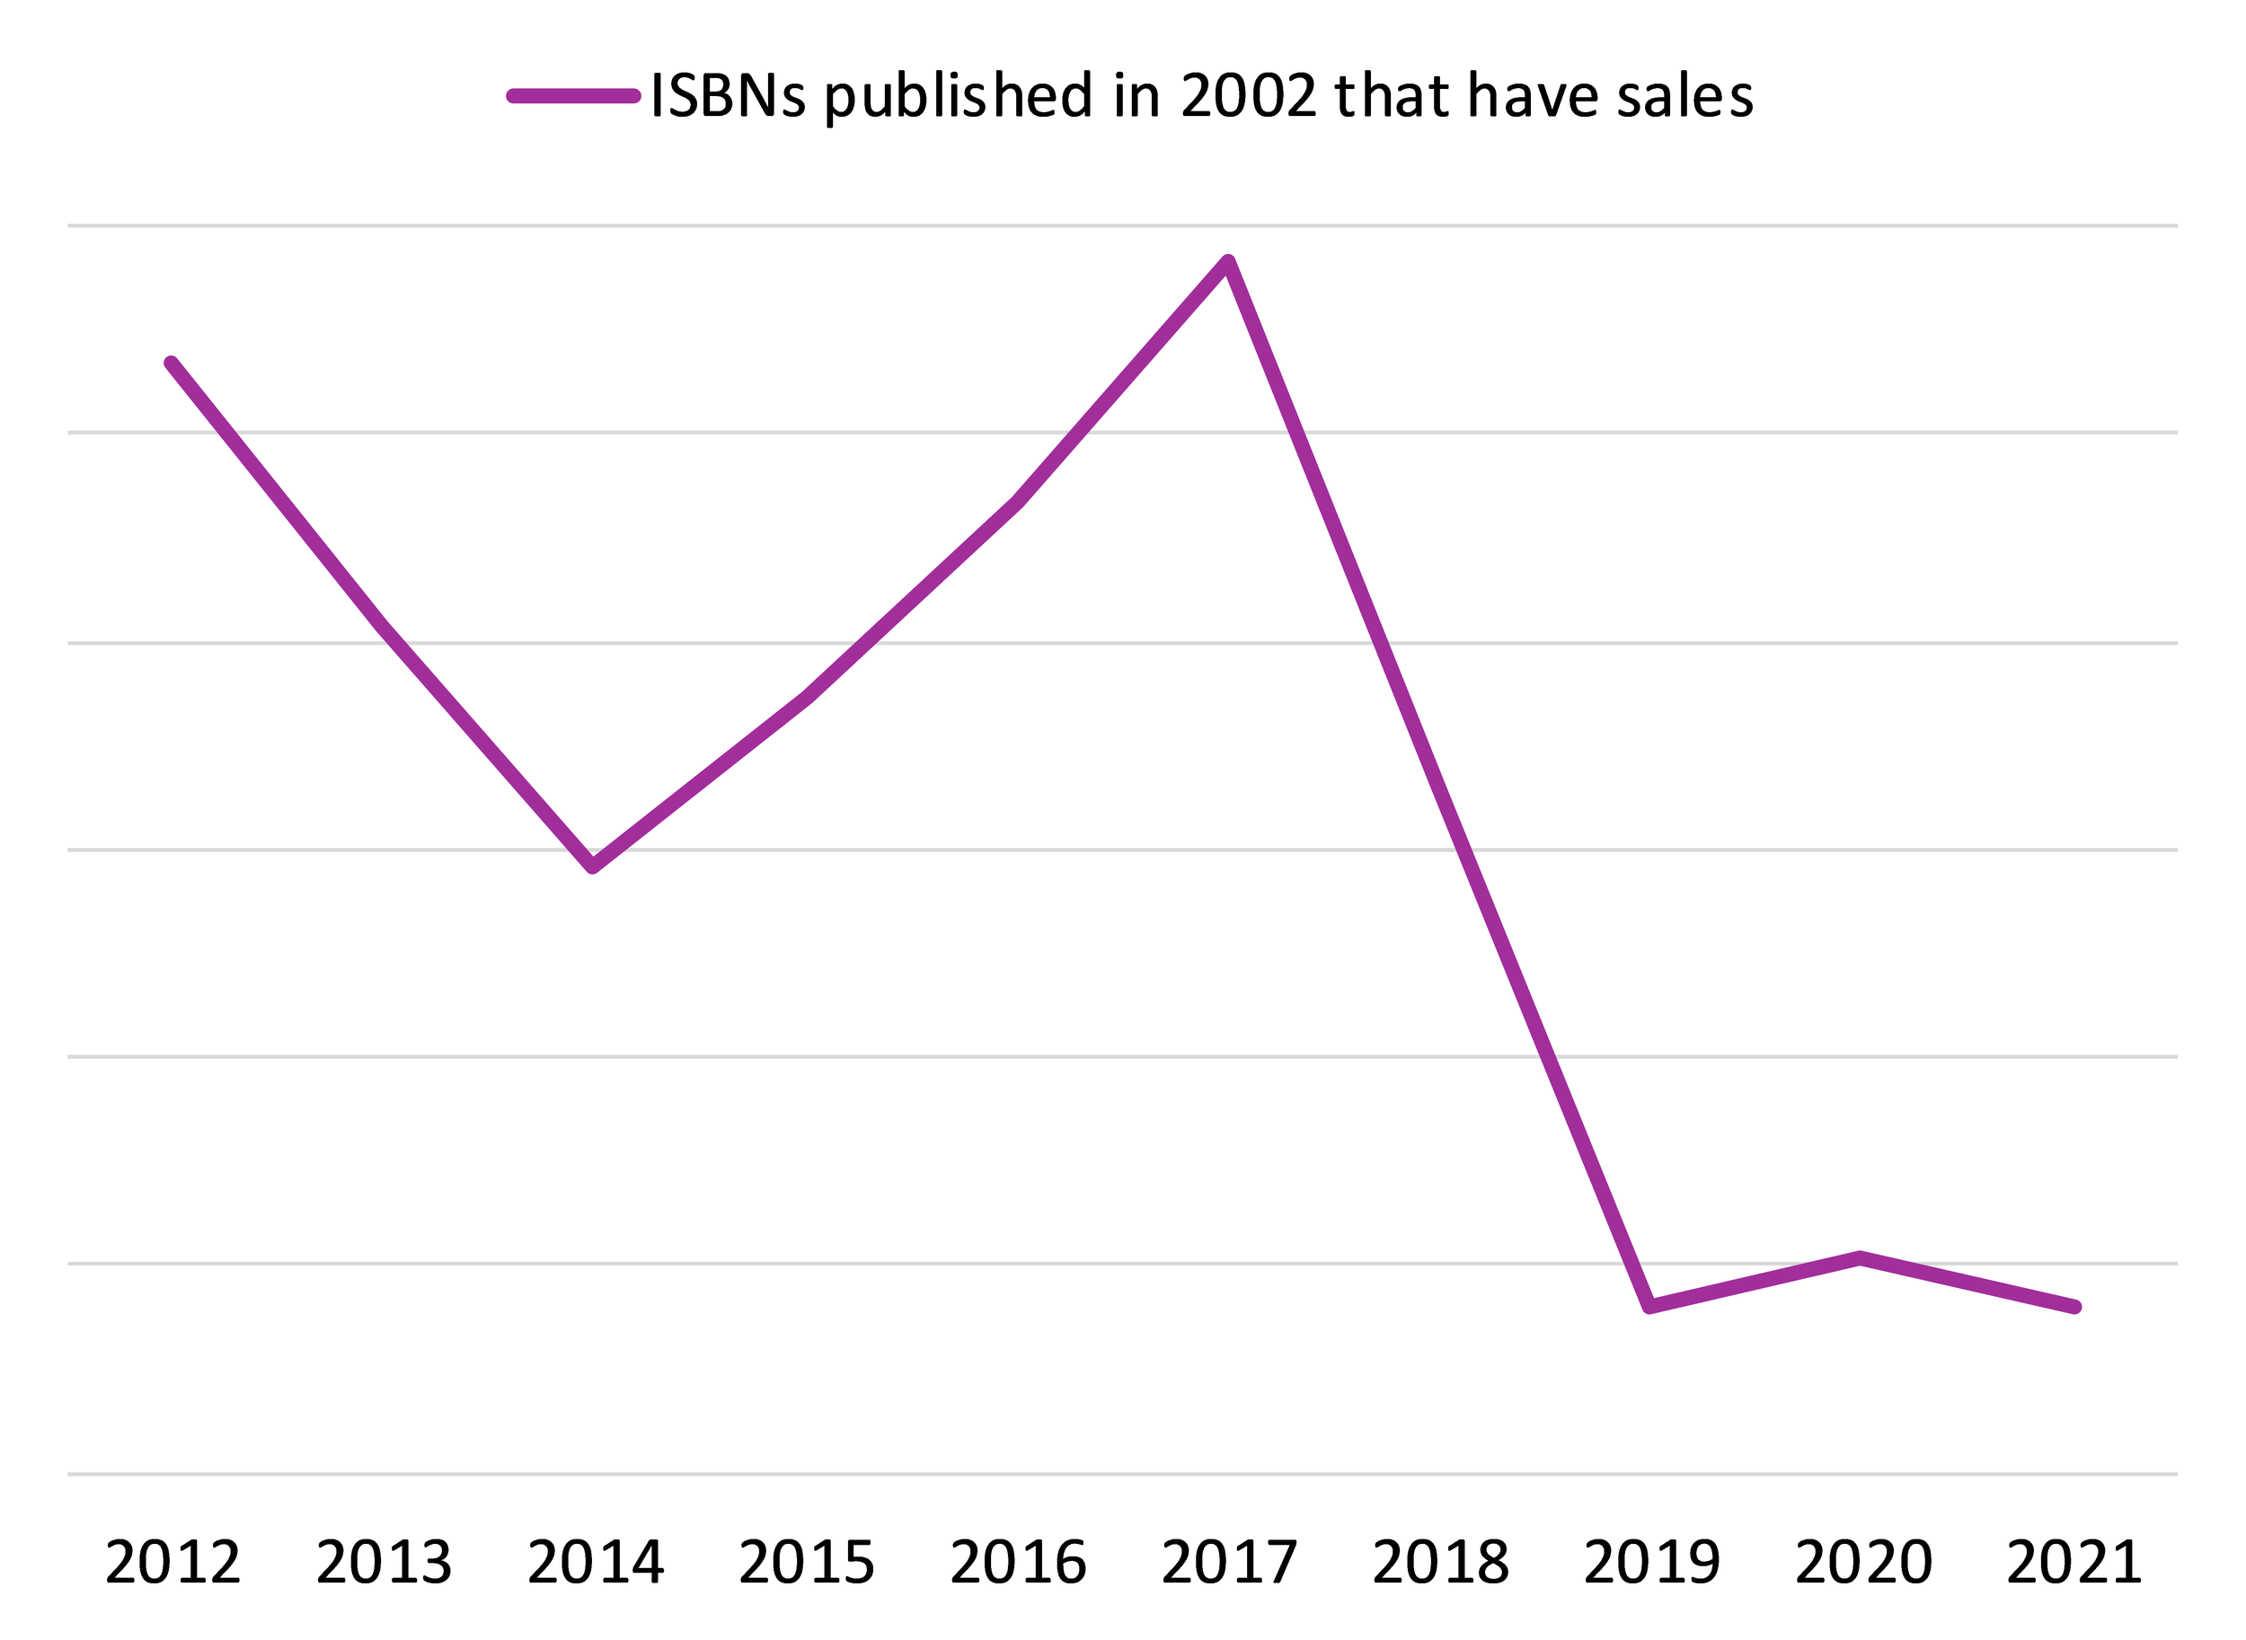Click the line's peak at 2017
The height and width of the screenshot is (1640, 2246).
coord(1228,262)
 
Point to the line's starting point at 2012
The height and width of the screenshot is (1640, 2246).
coord(172,364)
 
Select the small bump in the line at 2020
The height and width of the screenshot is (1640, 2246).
coord(1861,1257)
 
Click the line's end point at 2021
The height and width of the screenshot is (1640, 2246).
coord(2075,1308)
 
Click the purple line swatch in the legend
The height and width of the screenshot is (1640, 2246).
coord(574,96)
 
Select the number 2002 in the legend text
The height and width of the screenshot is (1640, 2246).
coord(1248,96)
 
